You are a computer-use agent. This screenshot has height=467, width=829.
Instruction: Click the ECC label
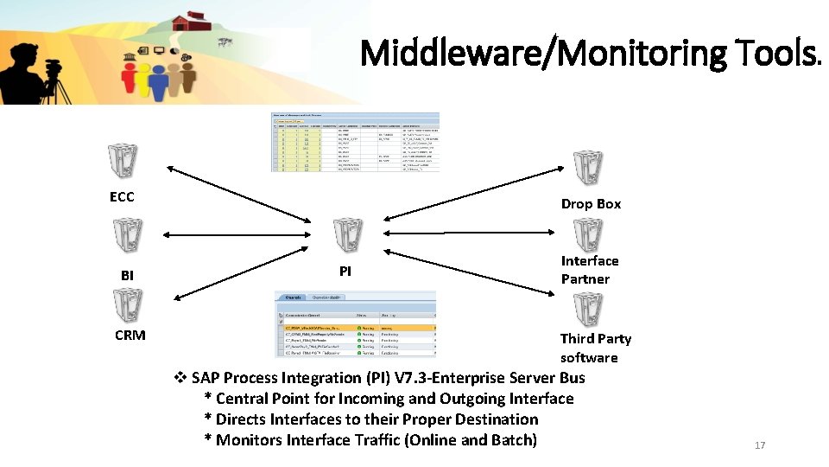point(122,197)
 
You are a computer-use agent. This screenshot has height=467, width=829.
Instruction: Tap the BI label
point(127,275)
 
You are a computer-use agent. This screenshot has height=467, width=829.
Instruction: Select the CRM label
point(130,335)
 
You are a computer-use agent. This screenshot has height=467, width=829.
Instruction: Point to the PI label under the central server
point(345,271)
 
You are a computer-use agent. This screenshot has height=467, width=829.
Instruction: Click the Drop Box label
point(591,204)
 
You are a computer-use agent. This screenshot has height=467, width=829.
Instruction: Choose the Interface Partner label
point(590,270)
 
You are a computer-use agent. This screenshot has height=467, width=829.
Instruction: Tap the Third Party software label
point(595,348)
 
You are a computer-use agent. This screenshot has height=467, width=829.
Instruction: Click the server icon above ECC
point(121,161)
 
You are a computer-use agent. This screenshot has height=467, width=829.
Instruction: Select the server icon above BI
point(128,234)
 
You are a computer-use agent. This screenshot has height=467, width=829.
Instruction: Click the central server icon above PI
point(348,233)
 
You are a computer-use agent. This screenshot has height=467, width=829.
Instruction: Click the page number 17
point(760,445)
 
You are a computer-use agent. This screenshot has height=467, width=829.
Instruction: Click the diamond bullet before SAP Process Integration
point(180,378)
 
